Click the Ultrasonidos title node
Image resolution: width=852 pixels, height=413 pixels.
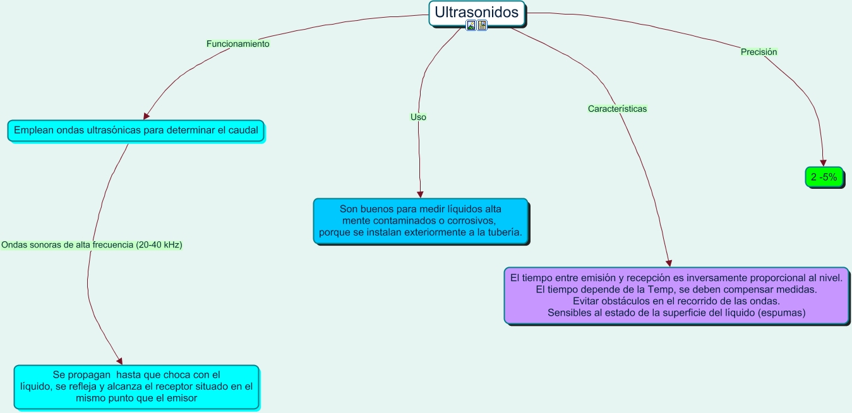click(x=477, y=12)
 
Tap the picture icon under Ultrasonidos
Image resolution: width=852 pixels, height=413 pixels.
click(x=471, y=25)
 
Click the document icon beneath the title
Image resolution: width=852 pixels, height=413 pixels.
click(x=482, y=25)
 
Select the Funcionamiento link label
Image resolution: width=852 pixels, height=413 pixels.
click(x=238, y=44)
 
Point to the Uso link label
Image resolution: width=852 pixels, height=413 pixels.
click(x=418, y=117)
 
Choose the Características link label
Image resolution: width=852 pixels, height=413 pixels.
click(x=617, y=109)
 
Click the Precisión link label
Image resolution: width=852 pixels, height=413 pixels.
click(x=759, y=52)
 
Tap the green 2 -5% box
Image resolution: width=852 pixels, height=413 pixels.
click(x=824, y=177)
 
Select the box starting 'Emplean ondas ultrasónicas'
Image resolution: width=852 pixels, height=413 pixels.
click(x=136, y=131)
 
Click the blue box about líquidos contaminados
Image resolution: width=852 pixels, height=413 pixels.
click(x=421, y=220)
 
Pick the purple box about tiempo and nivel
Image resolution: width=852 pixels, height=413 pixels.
click(x=676, y=295)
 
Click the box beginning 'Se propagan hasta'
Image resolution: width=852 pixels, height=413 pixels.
click(x=136, y=386)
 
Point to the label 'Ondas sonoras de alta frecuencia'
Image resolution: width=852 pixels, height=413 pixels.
click(x=92, y=245)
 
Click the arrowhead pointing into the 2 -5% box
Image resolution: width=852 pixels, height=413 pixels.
click(x=823, y=163)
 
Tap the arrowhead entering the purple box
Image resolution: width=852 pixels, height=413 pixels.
click(x=669, y=263)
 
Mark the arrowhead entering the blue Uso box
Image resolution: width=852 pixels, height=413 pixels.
click(x=420, y=195)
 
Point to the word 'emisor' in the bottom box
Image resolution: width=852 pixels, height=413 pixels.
click(x=183, y=398)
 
